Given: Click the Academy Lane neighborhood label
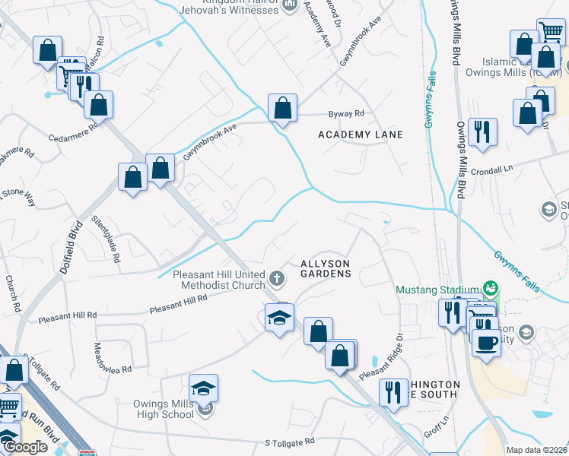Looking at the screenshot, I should [360, 135].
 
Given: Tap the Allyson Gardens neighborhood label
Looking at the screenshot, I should [326, 268].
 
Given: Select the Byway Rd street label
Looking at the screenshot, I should [346, 114].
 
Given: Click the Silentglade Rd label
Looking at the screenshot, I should [106, 238].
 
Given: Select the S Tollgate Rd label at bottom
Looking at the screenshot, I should [290, 442].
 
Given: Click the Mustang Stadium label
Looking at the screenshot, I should [437, 289].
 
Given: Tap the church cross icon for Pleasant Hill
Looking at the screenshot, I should [278, 278].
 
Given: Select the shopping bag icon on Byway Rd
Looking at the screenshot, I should [282, 109].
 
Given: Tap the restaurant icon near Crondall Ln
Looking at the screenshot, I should [482, 132].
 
